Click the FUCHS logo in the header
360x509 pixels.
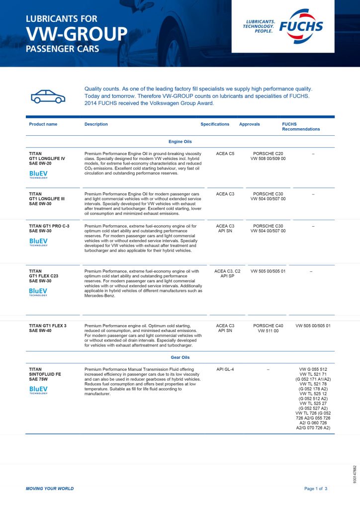[x=301, y=26]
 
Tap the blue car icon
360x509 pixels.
[x=48, y=96]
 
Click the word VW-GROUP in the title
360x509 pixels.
[x=77, y=34]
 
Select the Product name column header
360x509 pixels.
[x=43, y=124]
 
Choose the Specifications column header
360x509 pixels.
[x=215, y=124]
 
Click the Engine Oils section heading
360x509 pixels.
[x=180, y=142]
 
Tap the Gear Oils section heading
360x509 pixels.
[x=180, y=357]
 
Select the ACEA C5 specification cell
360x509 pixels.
[x=225, y=154]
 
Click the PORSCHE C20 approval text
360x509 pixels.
[x=268, y=154]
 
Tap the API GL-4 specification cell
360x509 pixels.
[x=225, y=369]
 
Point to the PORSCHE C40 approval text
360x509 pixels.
[x=268, y=326]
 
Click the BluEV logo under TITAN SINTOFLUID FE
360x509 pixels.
[x=38, y=390]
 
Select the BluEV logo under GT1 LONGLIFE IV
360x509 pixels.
[x=38, y=174]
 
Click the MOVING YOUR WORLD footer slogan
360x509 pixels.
[x=50, y=489]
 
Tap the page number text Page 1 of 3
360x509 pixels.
[x=316, y=489]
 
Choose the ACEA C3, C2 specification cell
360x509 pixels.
[x=227, y=271]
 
